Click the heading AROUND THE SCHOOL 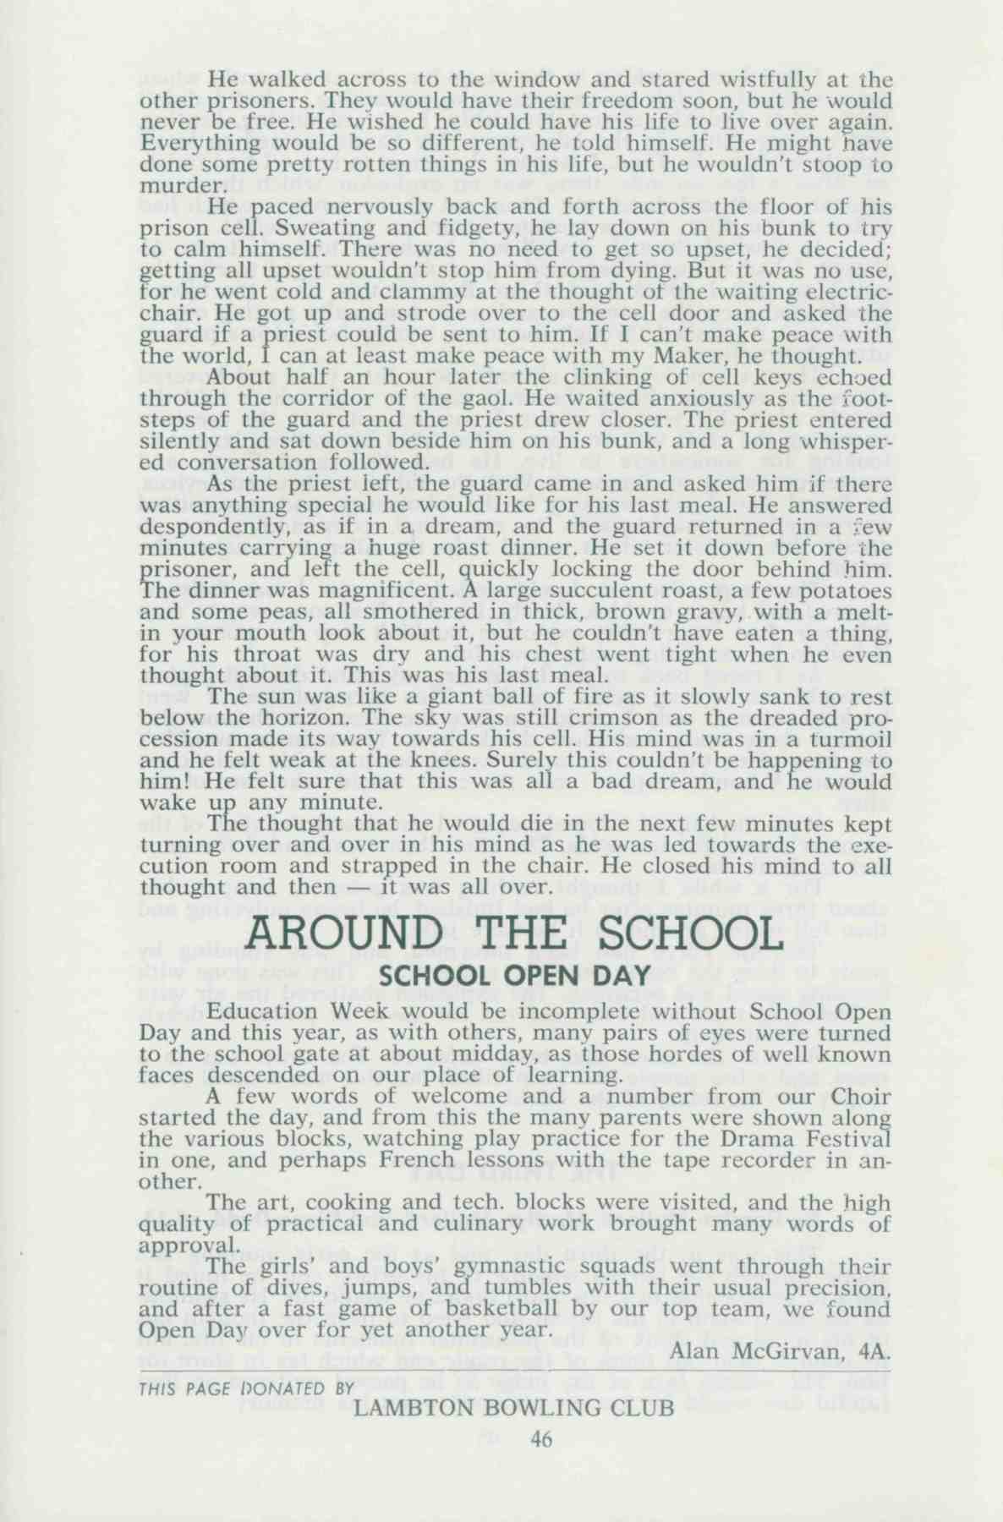(x=512, y=935)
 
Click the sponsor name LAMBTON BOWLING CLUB (x=514, y=1408)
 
